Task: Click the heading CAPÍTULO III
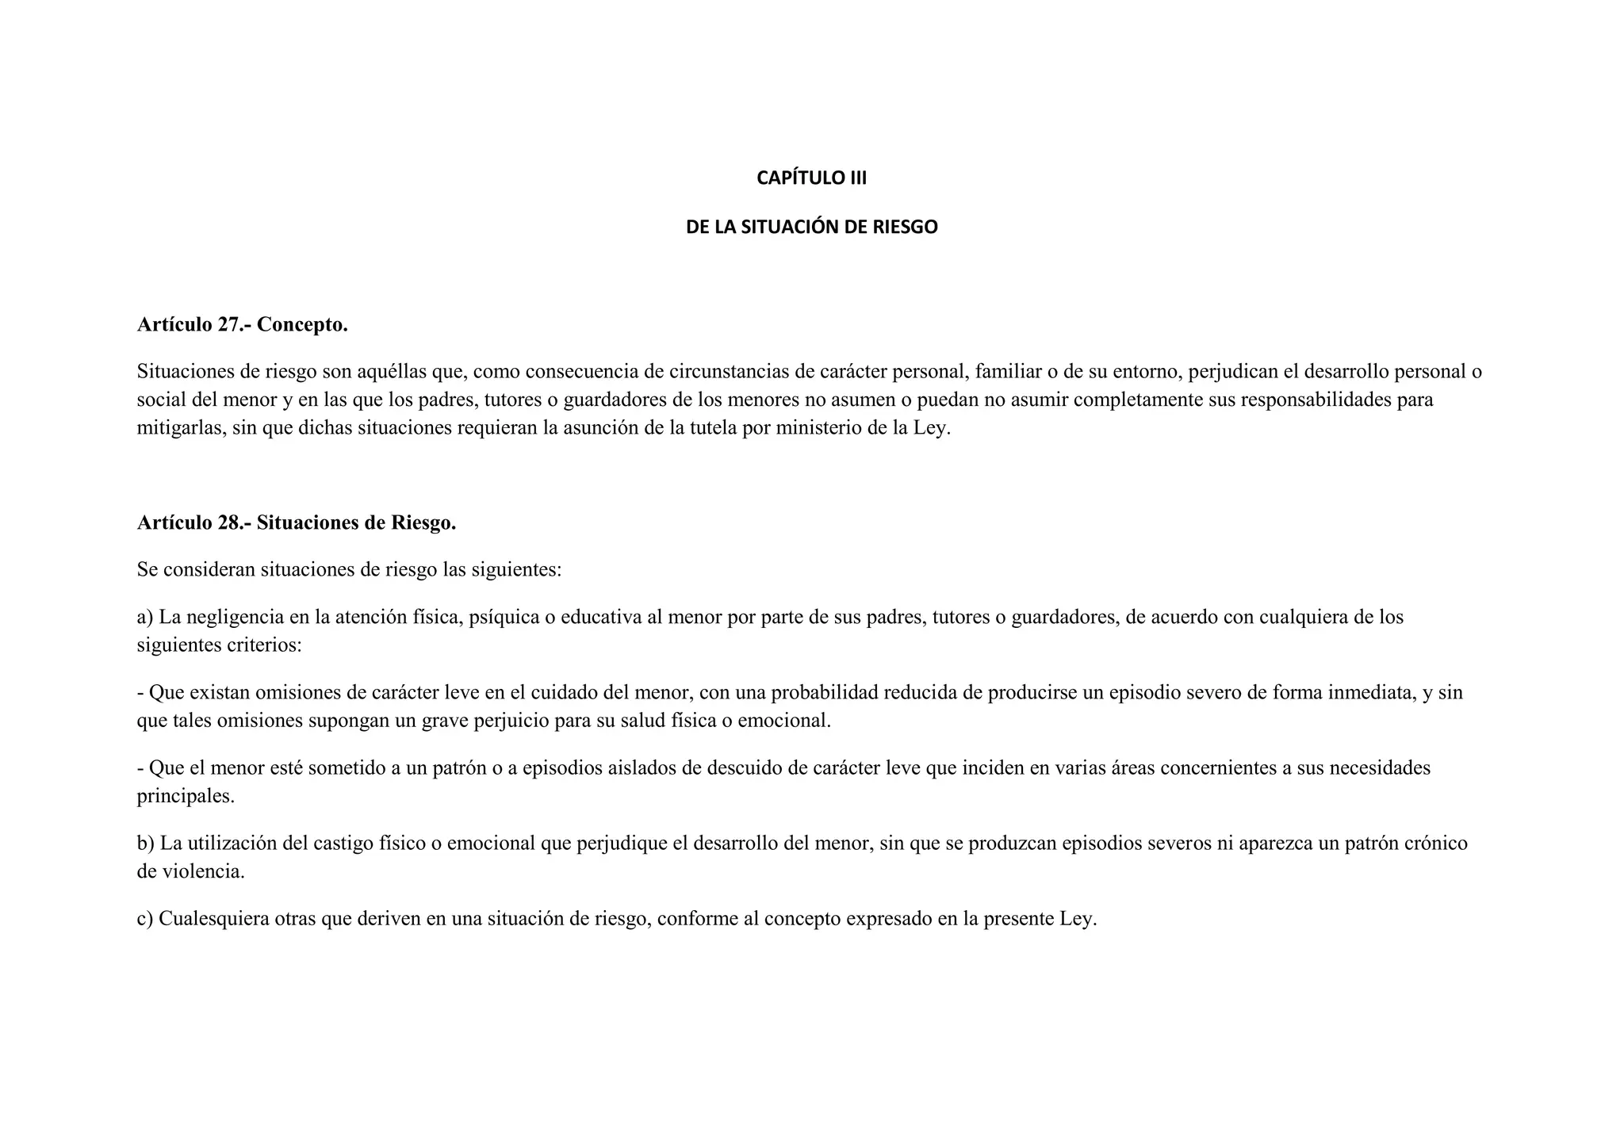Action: tap(811, 178)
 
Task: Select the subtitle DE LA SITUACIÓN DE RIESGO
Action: tap(811, 228)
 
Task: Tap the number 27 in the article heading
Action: tap(230, 325)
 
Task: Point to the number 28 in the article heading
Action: tap(230, 523)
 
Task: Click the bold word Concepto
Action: tap(302, 325)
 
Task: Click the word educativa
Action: tap(600, 617)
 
